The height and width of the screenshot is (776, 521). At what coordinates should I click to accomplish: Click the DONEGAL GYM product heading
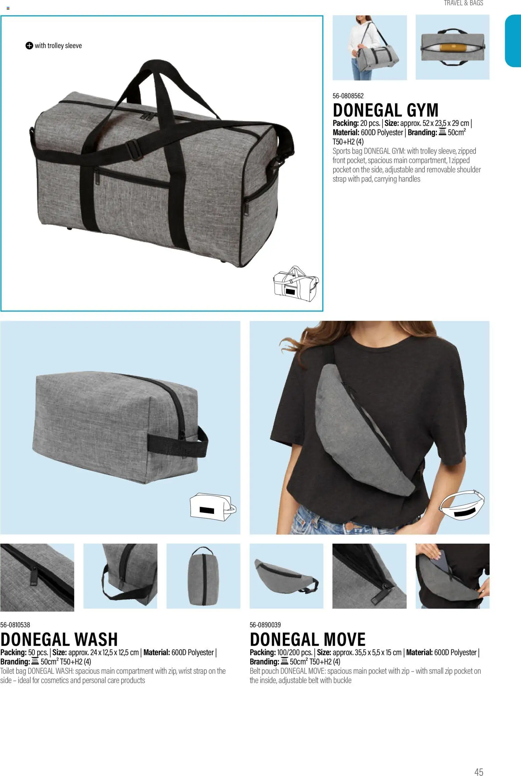click(386, 110)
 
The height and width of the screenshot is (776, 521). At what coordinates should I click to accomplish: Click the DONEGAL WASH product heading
click(59, 639)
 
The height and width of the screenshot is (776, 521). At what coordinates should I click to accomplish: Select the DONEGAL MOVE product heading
click(308, 639)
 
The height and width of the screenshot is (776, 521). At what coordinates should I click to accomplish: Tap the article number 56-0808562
click(348, 96)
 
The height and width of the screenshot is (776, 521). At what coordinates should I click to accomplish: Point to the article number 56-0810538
click(15, 625)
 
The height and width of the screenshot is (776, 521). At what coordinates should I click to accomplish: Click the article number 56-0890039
click(265, 625)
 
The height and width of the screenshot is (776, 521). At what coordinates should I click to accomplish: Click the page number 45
click(479, 763)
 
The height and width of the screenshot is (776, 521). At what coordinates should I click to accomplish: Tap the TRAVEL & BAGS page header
click(463, 3)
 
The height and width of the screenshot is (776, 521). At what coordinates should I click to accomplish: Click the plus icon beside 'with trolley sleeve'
click(29, 46)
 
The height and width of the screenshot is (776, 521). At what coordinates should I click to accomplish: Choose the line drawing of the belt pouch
click(463, 505)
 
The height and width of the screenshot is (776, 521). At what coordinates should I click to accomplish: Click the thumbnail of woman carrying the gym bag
click(369, 48)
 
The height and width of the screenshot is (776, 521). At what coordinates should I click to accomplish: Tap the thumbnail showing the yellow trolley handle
click(452, 48)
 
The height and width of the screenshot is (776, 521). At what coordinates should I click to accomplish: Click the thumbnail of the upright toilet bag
click(203, 576)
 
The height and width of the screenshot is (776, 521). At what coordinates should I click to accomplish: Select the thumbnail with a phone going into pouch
click(452, 576)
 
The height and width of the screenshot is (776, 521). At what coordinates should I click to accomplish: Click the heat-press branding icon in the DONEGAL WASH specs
click(35, 662)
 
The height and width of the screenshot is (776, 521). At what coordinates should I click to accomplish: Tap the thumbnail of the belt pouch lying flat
click(286, 576)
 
